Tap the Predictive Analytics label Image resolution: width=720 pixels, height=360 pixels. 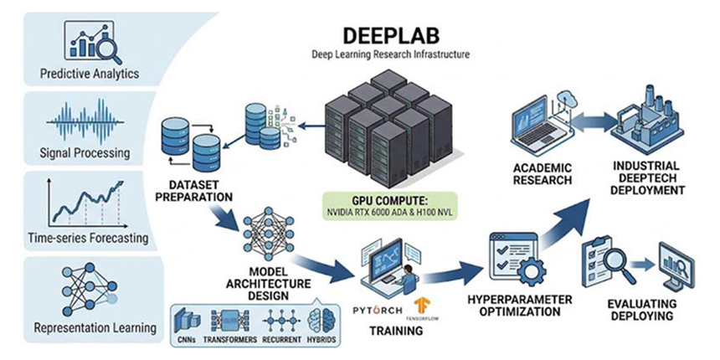point(90,74)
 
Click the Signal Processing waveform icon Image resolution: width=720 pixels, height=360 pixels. point(85,121)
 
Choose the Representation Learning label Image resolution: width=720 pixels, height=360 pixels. point(95,328)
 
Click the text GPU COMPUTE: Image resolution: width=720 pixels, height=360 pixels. point(390,201)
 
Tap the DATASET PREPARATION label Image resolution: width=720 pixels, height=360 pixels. point(193,191)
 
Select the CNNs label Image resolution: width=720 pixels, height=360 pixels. point(186,340)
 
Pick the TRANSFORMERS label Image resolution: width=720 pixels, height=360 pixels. point(229,340)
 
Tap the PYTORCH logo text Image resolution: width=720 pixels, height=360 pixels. point(378,311)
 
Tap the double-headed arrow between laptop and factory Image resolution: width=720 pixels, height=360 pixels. point(594,123)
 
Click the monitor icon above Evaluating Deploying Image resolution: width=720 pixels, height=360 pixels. point(676,267)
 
